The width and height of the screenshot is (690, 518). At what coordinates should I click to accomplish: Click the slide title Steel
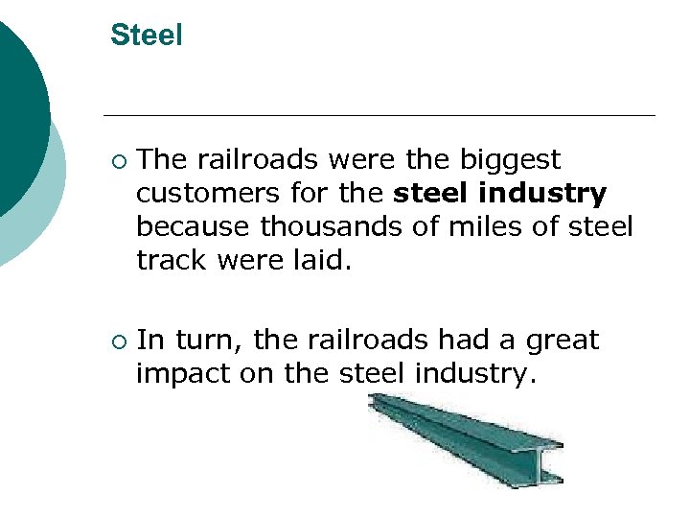click(x=146, y=35)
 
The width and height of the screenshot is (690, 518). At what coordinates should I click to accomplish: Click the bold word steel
click(x=432, y=195)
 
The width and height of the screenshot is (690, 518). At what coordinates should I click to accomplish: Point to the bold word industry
click(x=544, y=195)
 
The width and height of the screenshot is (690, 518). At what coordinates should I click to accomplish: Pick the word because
click(x=195, y=227)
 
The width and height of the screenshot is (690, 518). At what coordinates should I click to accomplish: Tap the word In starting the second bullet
click(x=150, y=341)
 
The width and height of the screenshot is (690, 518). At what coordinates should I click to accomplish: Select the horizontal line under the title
click(x=383, y=115)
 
